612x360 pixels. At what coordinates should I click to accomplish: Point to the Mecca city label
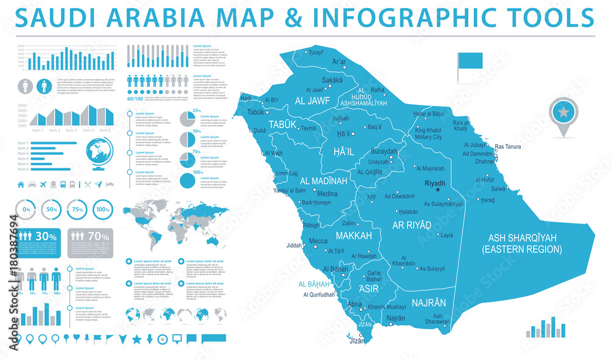(x=318, y=241)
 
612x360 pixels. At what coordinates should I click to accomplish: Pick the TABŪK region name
(x=283, y=124)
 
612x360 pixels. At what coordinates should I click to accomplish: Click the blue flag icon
(x=469, y=61)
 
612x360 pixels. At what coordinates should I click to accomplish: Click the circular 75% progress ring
(x=77, y=209)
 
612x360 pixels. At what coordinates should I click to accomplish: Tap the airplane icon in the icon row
(x=43, y=184)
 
